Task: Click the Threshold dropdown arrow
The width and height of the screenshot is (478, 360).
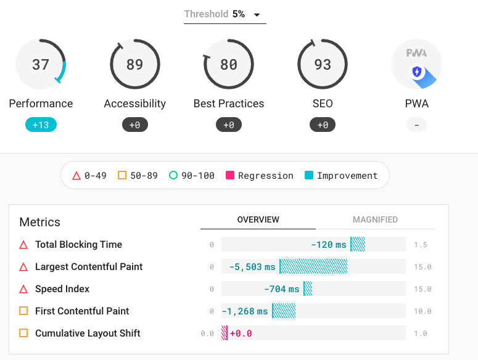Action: click(257, 15)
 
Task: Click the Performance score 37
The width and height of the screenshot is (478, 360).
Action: click(41, 64)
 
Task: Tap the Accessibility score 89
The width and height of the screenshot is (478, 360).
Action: click(134, 64)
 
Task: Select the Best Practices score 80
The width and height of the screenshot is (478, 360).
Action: click(229, 64)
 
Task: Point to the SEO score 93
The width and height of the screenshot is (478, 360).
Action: click(323, 64)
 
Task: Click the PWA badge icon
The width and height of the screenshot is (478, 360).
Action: click(417, 64)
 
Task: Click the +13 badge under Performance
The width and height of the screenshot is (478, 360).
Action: click(41, 125)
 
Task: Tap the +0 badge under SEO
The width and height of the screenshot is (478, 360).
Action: click(323, 125)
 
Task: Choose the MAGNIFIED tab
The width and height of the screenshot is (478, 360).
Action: click(375, 219)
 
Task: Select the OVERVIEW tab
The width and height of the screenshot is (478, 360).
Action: click(258, 219)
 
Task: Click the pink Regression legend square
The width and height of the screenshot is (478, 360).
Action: click(231, 176)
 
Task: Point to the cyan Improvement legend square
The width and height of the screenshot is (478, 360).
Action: click(309, 176)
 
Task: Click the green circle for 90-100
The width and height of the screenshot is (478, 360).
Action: click(173, 176)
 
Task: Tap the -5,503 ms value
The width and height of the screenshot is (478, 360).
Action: click(252, 267)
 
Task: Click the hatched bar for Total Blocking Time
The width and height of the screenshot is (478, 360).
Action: click(358, 245)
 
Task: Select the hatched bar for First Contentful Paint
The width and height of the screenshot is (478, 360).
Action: click(284, 311)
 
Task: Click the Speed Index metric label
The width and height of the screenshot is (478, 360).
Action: click(62, 289)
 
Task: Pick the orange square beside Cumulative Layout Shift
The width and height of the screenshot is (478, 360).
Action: click(23, 333)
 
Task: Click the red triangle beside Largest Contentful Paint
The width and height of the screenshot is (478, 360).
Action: click(23, 268)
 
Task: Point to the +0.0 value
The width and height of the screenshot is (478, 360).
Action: click(241, 333)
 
